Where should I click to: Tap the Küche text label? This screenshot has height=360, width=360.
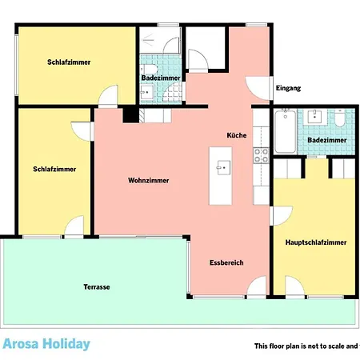[236, 135]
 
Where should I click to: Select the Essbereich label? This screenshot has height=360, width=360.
[226, 262]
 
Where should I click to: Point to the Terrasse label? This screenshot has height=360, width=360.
[96, 287]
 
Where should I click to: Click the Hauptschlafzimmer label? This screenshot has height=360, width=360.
[316, 242]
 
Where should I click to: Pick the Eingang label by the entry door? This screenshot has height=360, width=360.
[288, 88]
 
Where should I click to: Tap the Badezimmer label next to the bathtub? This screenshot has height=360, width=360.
[327, 140]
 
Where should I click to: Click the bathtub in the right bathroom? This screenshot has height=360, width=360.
[284, 132]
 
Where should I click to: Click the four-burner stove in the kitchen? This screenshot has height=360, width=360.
[259, 154]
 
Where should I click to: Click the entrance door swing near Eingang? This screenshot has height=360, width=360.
[254, 86]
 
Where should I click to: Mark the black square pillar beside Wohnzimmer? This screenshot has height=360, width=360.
[129, 115]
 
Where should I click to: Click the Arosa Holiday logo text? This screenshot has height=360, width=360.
[46, 345]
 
